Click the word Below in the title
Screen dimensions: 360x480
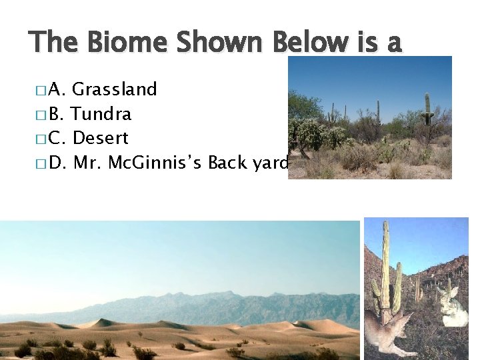pos(309,43)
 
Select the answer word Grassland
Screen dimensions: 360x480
pos(114,89)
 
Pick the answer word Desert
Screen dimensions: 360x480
pos(100,138)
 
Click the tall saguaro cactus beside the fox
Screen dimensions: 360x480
pos(386,267)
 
